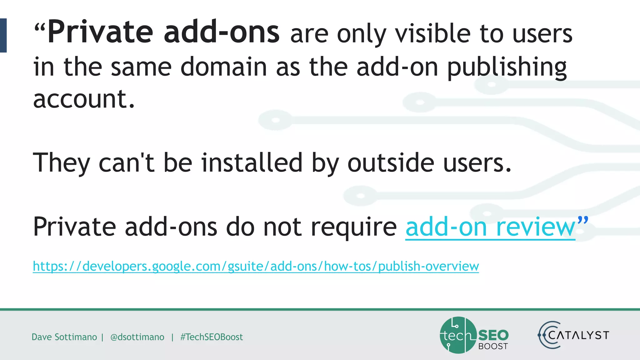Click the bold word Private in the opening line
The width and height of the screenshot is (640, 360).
[100, 32]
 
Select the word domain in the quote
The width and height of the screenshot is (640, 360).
[223, 67]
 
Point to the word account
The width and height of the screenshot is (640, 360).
[84, 99]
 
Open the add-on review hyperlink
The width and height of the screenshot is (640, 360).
[490, 227]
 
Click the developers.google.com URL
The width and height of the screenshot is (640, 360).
[256, 266]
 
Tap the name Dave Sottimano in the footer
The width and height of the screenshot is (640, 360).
[64, 337]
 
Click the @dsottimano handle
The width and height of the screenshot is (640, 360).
[137, 337]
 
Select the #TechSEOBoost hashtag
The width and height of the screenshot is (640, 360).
[212, 337]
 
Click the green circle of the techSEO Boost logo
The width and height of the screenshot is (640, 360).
[457, 335]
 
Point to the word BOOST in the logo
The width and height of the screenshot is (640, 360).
[493, 346]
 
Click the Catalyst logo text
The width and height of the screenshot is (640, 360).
[578, 335]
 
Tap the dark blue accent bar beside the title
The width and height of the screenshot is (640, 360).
[3, 35]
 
